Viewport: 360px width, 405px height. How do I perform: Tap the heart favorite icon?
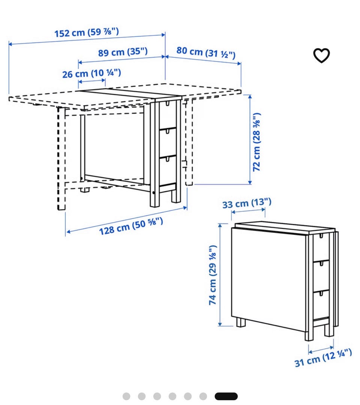point(321,55)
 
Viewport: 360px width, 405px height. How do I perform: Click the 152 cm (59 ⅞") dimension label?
point(87,32)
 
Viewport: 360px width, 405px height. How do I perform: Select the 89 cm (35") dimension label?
point(123,52)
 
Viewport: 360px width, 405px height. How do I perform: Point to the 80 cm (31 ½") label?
point(206,52)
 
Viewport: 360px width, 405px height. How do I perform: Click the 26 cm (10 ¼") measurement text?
point(91,73)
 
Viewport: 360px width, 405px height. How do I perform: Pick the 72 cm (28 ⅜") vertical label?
point(256,142)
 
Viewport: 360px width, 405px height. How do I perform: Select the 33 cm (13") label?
point(247,203)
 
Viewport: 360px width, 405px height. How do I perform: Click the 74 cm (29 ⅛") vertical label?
point(213,275)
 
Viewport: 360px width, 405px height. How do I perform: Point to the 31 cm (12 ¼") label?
point(323,358)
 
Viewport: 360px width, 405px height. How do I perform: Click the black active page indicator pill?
point(226,396)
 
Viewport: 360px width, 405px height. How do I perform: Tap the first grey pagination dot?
point(126,396)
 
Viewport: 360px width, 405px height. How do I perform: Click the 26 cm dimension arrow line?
point(91,81)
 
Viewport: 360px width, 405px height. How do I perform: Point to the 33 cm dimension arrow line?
point(248,211)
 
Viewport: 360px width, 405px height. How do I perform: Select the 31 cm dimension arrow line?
point(321,350)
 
